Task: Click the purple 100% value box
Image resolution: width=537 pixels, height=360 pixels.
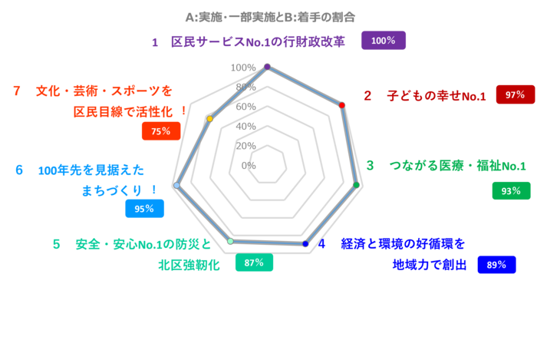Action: pos(383,41)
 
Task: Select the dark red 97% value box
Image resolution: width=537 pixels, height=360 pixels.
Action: pos(515,94)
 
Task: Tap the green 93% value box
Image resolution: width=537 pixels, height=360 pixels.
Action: pos(511,190)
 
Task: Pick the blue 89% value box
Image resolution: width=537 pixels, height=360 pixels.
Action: pos(496,265)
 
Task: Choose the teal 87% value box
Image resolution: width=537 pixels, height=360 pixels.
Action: pos(254,263)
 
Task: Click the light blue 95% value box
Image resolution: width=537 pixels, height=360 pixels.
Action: pos(144,209)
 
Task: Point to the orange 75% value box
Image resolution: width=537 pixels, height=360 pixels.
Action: pos(160,131)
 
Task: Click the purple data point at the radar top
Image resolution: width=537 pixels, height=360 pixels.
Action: pos(267,67)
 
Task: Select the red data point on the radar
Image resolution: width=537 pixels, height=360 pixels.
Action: pos(341,105)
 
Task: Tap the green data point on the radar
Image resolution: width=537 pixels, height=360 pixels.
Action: pos(356,185)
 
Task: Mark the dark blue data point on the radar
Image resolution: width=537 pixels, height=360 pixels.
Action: pos(305,244)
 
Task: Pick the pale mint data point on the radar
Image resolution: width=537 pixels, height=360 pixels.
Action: pos(230,241)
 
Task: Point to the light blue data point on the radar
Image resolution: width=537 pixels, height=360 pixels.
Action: pos(176,185)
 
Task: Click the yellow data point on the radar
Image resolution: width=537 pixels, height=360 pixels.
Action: pos(209,119)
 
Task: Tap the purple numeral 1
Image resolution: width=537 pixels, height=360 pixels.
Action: pos(154,42)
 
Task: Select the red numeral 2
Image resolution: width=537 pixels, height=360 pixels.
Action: pos(367,95)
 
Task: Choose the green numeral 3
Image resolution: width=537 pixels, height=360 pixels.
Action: pos(370,165)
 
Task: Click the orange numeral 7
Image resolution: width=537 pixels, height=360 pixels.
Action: pos(16,91)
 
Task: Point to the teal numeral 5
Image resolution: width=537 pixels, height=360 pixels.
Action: pos(56,244)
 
